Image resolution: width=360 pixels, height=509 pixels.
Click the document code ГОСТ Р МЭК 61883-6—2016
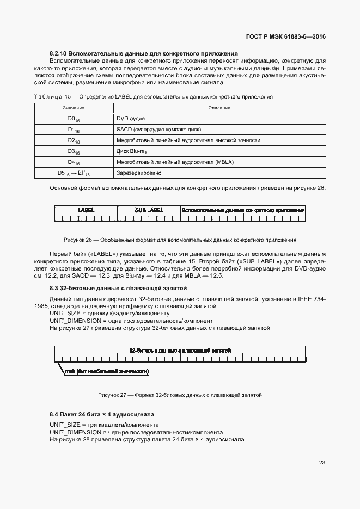(286, 38)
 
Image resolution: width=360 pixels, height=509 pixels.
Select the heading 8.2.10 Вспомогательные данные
(144, 53)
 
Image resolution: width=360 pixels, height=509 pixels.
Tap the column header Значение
(73, 108)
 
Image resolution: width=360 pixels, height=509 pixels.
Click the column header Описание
(219, 108)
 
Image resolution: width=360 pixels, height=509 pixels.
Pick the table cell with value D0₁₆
(74, 119)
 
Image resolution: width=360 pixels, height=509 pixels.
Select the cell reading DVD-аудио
(130, 118)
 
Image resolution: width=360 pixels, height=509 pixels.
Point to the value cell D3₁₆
(74, 151)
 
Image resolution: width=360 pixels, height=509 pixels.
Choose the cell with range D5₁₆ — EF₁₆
(74, 173)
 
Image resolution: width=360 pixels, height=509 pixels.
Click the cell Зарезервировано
(139, 173)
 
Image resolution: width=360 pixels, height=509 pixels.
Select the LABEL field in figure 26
(86, 210)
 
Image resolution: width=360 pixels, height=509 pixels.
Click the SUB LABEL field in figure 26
(149, 210)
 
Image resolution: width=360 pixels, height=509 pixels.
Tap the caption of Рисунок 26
(180, 240)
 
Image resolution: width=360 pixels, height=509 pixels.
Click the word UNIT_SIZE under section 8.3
(65, 314)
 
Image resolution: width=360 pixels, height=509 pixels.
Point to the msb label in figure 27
(107, 371)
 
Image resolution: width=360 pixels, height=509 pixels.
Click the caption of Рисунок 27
(180, 395)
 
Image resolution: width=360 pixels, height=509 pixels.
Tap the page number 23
(322, 463)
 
